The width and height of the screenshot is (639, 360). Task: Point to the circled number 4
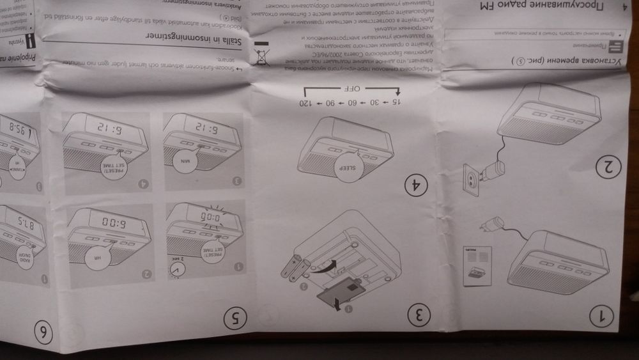[418, 186]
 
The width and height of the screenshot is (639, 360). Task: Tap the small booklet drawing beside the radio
[479, 262]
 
